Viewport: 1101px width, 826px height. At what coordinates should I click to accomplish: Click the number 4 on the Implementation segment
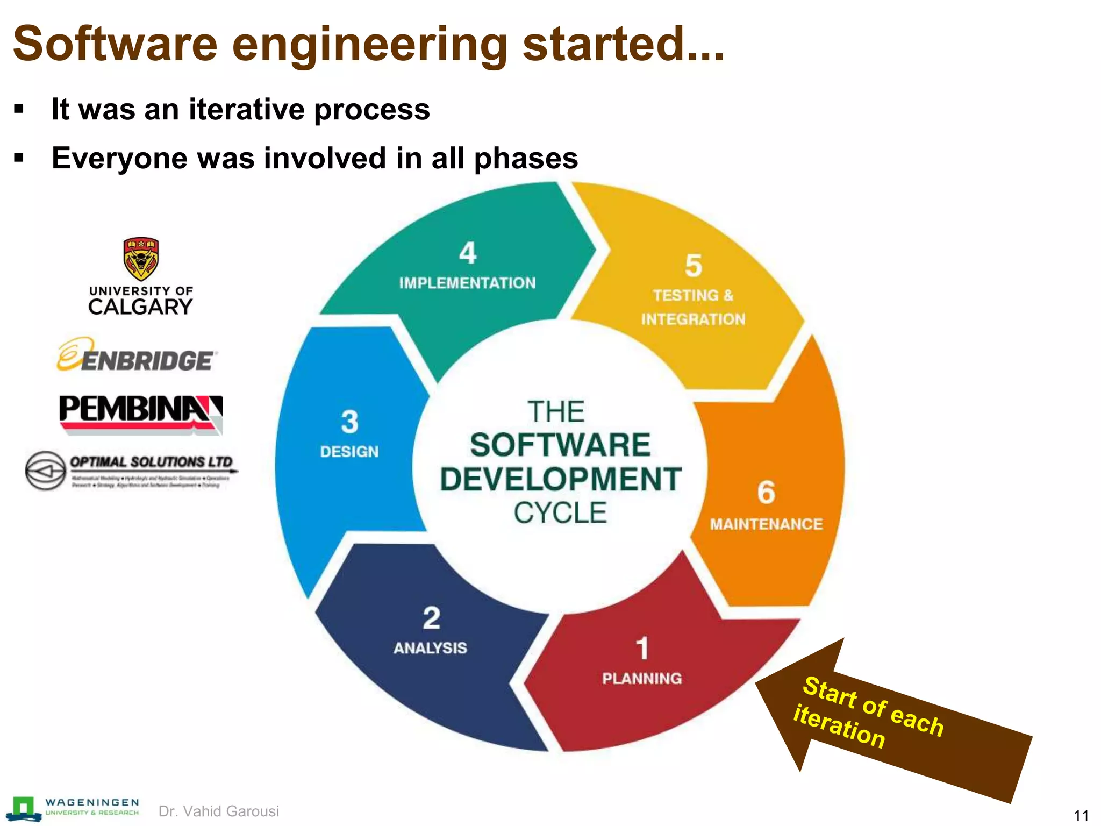pos(468,253)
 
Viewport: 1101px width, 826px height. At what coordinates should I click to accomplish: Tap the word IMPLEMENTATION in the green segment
pos(467,283)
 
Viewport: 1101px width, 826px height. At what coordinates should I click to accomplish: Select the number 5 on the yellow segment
pos(694,266)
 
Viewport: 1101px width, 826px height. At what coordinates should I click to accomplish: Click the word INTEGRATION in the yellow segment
pos(693,319)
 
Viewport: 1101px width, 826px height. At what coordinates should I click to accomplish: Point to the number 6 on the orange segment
pos(766,492)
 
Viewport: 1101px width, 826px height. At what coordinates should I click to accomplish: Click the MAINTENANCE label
pos(766,524)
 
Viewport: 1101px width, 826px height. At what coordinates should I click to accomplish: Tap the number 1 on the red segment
pos(642,648)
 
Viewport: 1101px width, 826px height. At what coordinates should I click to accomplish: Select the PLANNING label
pos(642,679)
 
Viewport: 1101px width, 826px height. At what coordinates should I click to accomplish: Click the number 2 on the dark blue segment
pos(431,617)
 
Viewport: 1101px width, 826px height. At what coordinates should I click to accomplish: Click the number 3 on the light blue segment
pos(349,422)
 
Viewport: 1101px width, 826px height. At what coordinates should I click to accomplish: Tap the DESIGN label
pos(349,452)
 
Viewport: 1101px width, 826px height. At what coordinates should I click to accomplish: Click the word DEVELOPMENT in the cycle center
pos(560,479)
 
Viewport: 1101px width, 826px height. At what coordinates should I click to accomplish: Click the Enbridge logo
pos(137,356)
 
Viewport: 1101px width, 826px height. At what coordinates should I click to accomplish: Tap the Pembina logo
pos(140,414)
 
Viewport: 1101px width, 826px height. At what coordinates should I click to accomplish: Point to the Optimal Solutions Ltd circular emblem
pos(46,471)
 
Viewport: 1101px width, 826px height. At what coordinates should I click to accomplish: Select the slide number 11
pos(1081,815)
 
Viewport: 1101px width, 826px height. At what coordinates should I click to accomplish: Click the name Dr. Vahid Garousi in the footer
pos(219,811)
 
